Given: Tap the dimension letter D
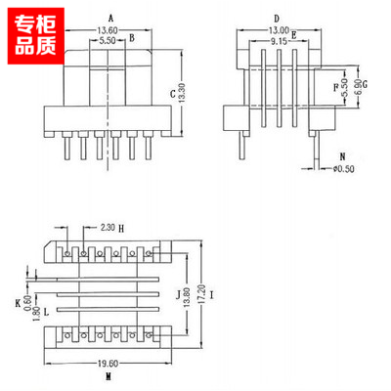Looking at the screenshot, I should (277, 19).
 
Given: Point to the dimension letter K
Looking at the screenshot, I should (18, 304).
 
